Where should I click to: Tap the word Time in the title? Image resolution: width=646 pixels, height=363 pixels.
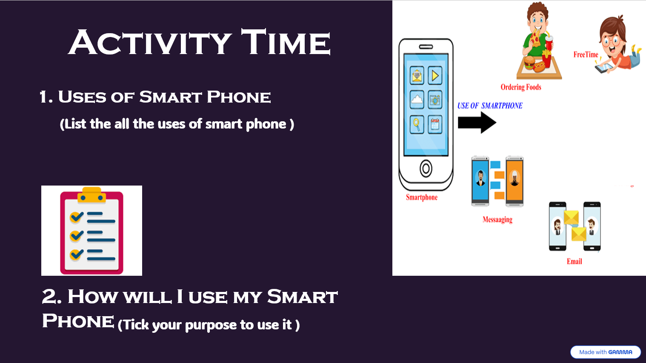(x=286, y=42)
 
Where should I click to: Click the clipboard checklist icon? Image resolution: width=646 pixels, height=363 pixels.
(x=92, y=231)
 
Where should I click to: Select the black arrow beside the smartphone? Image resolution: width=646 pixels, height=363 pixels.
(x=477, y=123)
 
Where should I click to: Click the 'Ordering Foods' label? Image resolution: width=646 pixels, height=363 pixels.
(x=521, y=87)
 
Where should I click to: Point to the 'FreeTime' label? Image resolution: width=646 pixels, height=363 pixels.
(x=586, y=54)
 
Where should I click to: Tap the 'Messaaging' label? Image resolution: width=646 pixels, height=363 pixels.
(x=497, y=220)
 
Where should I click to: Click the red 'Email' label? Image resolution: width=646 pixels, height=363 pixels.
(x=574, y=262)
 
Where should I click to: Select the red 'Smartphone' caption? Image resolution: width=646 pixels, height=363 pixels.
(x=422, y=197)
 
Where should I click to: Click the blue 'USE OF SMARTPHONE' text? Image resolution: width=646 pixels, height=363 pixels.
(x=490, y=106)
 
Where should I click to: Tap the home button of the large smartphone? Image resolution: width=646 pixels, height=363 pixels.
(x=426, y=169)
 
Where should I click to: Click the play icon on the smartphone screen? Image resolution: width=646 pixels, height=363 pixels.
(x=435, y=76)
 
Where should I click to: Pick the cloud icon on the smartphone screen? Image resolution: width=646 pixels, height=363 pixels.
(x=417, y=100)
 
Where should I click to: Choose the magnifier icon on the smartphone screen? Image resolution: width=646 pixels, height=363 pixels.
(x=417, y=124)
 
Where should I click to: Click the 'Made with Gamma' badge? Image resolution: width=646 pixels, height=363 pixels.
(x=606, y=352)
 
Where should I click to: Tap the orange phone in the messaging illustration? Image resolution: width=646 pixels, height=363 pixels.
(x=515, y=181)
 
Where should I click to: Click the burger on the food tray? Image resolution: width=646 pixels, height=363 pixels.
(x=529, y=63)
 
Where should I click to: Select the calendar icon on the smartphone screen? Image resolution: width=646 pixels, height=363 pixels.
(x=435, y=124)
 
